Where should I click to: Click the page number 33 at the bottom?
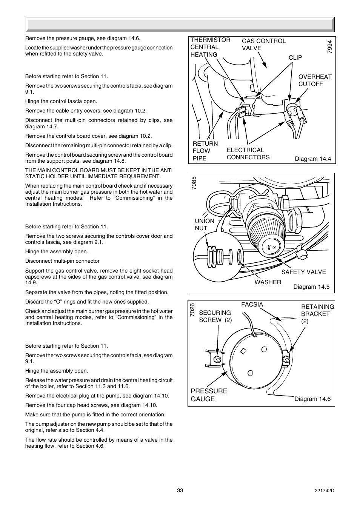[180, 490]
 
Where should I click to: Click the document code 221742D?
[324, 490]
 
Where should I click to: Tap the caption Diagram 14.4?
[312, 159]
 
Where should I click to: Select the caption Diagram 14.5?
[311, 287]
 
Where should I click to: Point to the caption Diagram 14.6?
[312, 399]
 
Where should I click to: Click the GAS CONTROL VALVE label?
[263, 45]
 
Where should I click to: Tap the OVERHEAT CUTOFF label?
[315, 80]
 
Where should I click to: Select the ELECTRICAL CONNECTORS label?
[248, 154]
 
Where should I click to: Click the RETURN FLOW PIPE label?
[205, 151]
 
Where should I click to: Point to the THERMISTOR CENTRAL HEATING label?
[210, 47]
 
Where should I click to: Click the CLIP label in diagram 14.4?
[295, 57]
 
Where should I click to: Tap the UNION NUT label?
[204, 225]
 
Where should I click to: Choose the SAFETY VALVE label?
[303, 272]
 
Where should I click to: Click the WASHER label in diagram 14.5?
[268, 282]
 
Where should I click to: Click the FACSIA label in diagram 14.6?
[252, 305]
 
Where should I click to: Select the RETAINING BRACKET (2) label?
[317, 314]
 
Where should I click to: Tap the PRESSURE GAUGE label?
[209, 395]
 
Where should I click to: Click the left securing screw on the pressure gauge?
[217, 359]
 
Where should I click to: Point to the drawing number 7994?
[330, 46]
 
